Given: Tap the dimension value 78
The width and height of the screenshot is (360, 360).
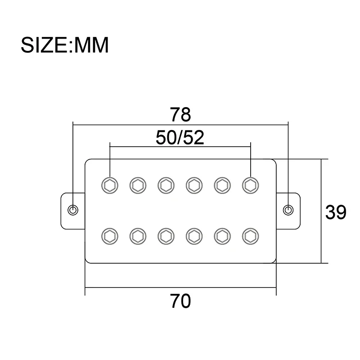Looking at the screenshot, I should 180,114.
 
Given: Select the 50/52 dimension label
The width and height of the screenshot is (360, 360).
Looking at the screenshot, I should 180,138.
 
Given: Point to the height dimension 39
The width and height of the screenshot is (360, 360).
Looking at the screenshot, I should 336,212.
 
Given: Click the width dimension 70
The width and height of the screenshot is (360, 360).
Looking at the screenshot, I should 180,301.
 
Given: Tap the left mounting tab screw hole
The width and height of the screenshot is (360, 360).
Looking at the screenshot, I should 72,210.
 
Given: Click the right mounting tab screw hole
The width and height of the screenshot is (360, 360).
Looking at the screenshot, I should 288,210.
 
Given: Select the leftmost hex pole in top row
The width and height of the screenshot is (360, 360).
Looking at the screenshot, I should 109,184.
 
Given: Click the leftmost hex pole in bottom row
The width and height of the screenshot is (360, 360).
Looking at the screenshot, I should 109,235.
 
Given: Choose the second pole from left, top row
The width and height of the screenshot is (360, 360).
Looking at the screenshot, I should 137,184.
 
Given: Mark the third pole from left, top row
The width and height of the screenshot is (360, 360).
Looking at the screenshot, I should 166,184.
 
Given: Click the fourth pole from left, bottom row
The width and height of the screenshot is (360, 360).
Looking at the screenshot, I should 193,235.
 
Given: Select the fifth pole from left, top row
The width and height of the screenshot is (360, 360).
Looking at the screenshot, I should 222,184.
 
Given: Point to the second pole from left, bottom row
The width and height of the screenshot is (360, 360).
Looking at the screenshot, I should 137,235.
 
